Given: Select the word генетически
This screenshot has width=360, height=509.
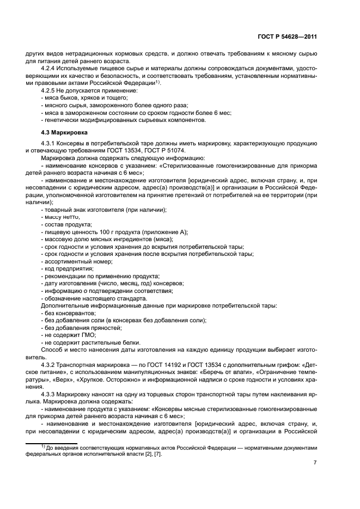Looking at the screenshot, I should [x=62, y=120].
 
